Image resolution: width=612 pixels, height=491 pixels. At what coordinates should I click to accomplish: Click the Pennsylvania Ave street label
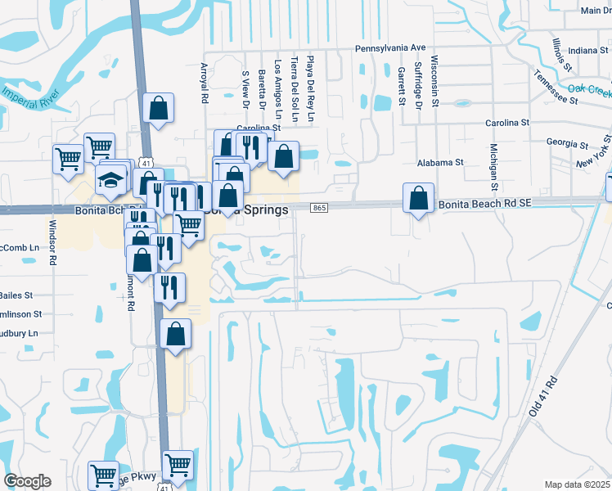pyautogui.click(x=390, y=48)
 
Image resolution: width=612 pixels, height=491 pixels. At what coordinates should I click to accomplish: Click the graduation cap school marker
pyautogui.click(x=109, y=180)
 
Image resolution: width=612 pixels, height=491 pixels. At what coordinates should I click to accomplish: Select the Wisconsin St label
pyautogui.click(x=435, y=82)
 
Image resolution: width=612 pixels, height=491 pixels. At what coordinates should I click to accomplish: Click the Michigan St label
pyautogui.click(x=494, y=164)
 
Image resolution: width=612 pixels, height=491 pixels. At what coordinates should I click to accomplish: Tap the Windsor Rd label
pyautogui.click(x=53, y=242)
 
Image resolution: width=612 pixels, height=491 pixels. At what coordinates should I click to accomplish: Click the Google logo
pyautogui.click(x=27, y=481)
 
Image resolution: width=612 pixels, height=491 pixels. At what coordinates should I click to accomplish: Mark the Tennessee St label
pyautogui.click(x=556, y=87)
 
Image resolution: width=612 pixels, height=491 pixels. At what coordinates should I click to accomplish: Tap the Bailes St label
pyautogui.click(x=16, y=295)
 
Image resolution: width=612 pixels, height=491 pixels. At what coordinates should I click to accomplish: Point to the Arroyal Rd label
pyautogui.click(x=205, y=83)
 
